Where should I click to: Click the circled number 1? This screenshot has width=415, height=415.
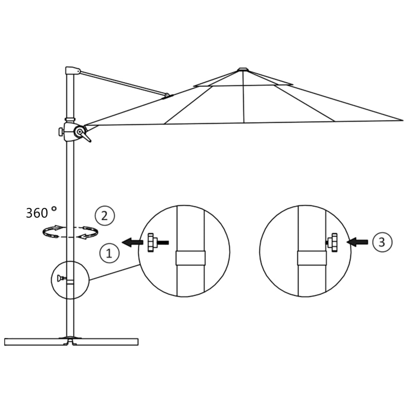click(x=109, y=253)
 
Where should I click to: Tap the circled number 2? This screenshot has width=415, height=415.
click(x=105, y=215)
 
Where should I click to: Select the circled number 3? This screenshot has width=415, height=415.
click(x=381, y=242)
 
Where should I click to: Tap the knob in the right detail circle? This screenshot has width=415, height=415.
click(x=333, y=242)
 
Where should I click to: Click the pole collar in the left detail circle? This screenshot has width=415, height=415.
click(x=190, y=258)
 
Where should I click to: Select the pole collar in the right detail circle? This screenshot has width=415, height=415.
click(x=312, y=258)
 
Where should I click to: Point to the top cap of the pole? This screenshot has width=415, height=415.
click(x=72, y=71)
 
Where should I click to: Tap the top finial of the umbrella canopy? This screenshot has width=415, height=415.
click(x=242, y=69)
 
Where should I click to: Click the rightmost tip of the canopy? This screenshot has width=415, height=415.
click(x=402, y=120)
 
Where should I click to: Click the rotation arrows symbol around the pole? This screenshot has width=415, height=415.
click(x=71, y=232)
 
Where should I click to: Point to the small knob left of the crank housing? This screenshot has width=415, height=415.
click(x=61, y=132)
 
